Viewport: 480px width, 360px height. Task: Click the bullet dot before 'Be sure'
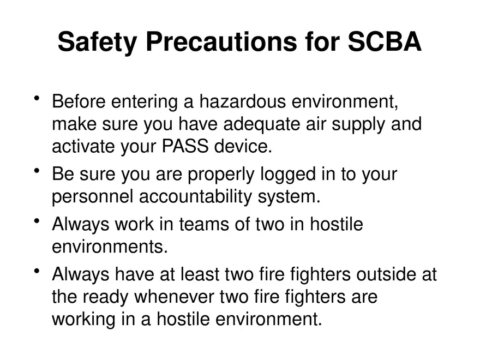(37, 171)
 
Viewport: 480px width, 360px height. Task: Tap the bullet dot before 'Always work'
(37, 221)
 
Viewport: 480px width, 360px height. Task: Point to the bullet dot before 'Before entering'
(37, 99)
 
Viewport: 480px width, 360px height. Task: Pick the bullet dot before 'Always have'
(37, 271)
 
